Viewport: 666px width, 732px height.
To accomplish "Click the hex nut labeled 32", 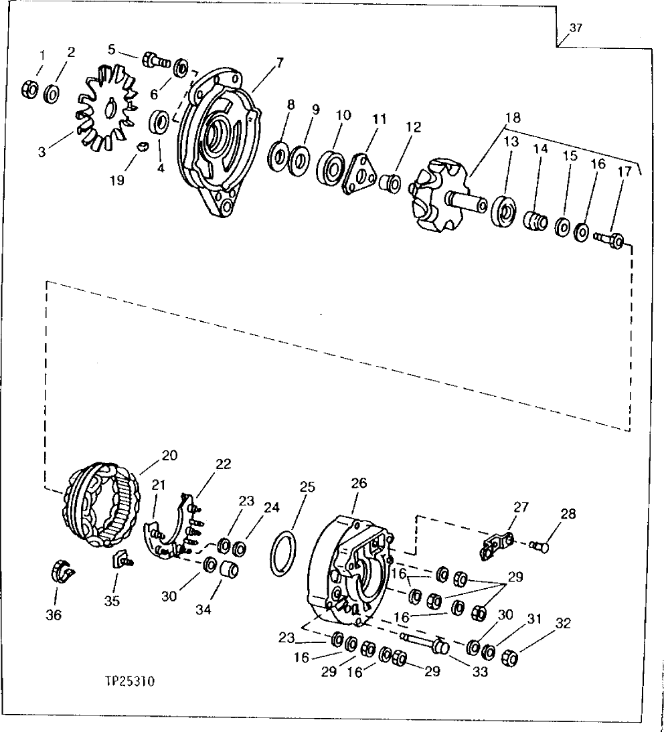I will click(x=511, y=659).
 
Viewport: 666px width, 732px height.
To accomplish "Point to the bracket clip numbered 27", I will click(x=495, y=545).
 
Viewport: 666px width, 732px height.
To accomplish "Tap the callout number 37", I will click(x=576, y=28).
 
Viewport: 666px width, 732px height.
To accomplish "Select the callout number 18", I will click(x=513, y=118).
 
